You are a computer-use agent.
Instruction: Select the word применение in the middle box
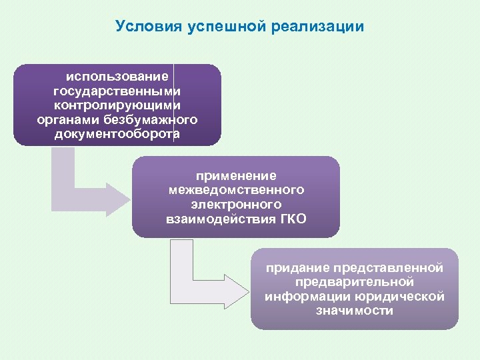coord(236,175)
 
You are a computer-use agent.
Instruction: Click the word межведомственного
coord(236,190)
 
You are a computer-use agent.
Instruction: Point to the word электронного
coord(236,204)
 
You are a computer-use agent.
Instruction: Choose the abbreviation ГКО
coord(293,219)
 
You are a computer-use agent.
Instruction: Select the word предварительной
coord(355,283)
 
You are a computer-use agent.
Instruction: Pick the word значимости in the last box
coord(355,311)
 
